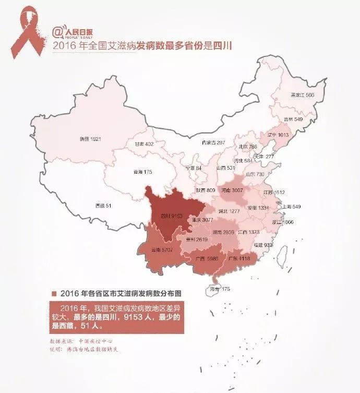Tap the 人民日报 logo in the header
click(71, 33)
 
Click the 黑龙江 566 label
click(302, 96)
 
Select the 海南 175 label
click(219, 289)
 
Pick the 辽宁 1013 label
click(278, 135)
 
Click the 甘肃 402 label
click(144, 144)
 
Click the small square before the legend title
click(54, 293)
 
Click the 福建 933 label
click(263, 245)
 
